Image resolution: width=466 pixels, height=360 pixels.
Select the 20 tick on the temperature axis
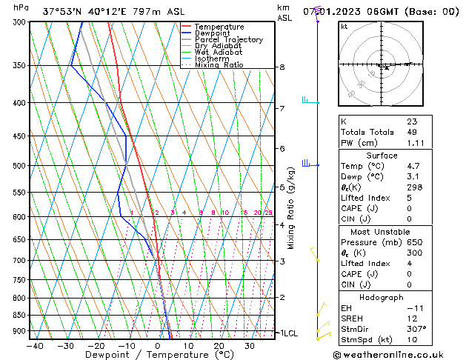(x=219, y=345)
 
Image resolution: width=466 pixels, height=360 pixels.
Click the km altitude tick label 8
(x=282, y=67)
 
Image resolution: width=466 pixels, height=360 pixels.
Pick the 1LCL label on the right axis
(x=288, y=333)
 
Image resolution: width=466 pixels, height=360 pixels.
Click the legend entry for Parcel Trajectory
(x=228, y=40)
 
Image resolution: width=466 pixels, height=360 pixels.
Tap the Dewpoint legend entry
(x=212, y=33)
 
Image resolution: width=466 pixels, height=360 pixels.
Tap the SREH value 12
(x=412, y=319)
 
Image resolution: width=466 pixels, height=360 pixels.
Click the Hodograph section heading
(x=382, y=297)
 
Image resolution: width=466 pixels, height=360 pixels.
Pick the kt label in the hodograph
(x=344, y=27)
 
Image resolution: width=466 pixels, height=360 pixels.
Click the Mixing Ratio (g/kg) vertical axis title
(x=291, y=207)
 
